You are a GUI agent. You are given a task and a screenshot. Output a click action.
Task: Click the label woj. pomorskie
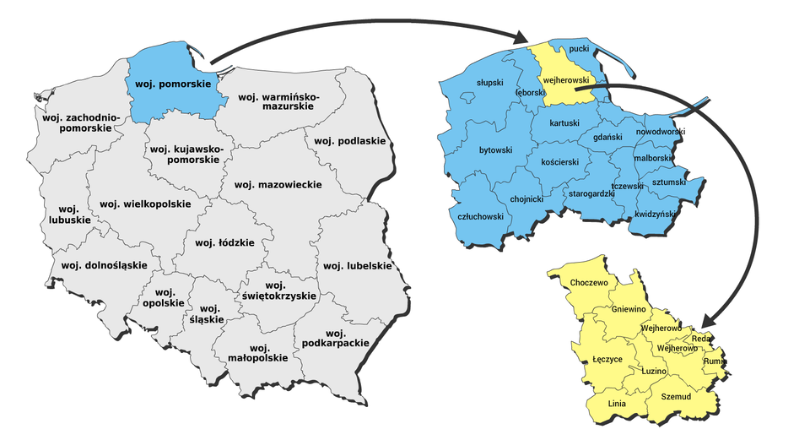174,84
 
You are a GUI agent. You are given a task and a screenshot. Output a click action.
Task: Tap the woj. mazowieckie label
278,184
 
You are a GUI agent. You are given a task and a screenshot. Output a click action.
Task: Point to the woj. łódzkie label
224,243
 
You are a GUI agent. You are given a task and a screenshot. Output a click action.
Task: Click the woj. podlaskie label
349,141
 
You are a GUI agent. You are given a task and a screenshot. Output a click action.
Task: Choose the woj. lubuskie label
69,214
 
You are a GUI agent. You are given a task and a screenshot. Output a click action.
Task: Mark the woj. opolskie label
164,297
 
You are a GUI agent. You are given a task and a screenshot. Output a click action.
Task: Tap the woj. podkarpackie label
335,338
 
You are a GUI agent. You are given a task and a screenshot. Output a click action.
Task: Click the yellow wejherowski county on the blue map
564,80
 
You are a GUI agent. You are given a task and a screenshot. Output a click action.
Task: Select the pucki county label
579,50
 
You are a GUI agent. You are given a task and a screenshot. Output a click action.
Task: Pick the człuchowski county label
480,216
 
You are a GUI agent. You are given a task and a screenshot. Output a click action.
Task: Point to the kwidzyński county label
656,215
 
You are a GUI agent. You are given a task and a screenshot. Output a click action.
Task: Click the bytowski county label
495,150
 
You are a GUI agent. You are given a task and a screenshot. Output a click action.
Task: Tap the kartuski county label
564,123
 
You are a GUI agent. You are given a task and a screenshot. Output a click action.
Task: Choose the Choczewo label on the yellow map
589,282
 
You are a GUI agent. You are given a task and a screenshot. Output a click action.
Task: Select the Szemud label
676,396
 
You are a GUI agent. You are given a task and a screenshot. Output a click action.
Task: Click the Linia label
617,403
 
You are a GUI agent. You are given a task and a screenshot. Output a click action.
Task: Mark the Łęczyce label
607,359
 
